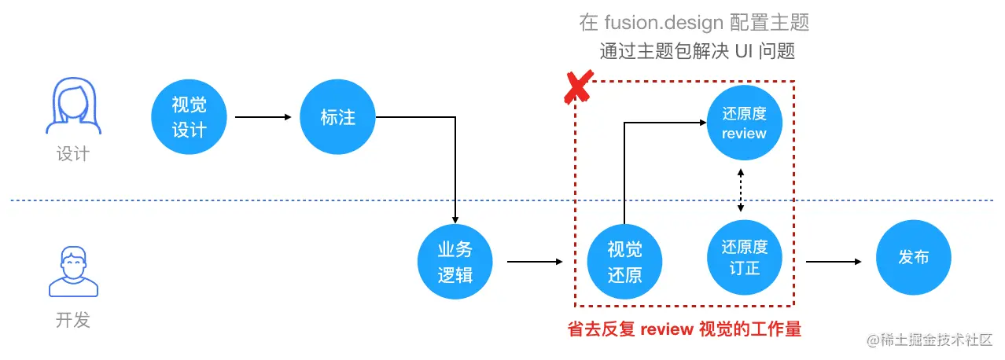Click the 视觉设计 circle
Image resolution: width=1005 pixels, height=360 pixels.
click(x=189, y=118)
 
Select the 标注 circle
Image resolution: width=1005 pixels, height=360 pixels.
click(x=337, y=118)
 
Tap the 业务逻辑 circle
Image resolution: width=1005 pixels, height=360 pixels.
click(x=455, y=262)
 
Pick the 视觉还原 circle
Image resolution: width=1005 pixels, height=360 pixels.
click(x=624, y=262)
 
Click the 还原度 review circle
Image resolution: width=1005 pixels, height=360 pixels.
click(x=743, y=123)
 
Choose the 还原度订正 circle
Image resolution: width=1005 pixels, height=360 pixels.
click(x=743, y=257)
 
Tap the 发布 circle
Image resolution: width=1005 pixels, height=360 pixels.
click(x=913, y=257)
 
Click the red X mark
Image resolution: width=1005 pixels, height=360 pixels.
click(x=578, y=86)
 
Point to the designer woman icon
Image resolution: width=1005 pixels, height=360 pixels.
click(x=72, y=108)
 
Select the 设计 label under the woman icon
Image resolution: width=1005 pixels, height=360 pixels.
click(x=72, y=154)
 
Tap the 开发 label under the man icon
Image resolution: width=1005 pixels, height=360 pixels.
click(x=72, y=320)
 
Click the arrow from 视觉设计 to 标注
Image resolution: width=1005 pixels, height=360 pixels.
click(x=263, y=118)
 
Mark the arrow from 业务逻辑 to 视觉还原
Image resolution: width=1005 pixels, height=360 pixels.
click(x=536, y=261)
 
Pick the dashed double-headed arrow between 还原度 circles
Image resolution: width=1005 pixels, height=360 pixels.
click(x=741, y=190)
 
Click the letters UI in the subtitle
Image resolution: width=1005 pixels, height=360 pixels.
click(x=743, y=52)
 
